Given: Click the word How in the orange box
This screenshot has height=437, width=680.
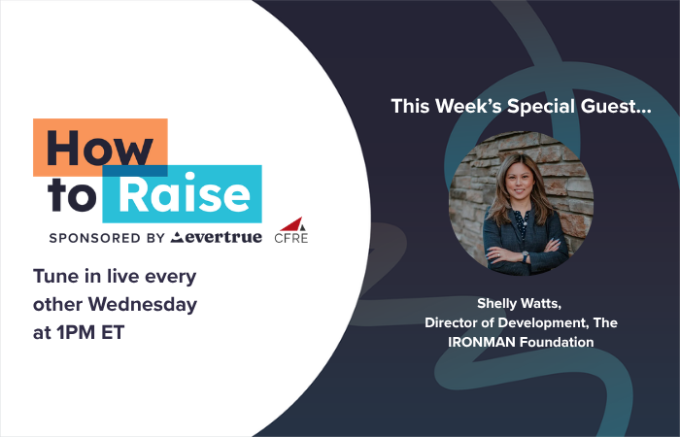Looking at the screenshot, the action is (x=100, y=148).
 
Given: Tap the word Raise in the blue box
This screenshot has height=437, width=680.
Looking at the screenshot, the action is (x=185, y=194).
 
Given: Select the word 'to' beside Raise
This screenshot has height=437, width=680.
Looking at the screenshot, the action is (x=72, y=195).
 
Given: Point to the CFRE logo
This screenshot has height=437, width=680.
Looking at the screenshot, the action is (x=291, y=230).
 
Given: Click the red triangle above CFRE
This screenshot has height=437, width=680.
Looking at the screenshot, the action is (x=291, y=223).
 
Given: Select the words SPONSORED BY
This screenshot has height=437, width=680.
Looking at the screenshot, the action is (x=107, y=238).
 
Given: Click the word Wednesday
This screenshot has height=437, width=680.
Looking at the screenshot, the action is (x=143, y=304).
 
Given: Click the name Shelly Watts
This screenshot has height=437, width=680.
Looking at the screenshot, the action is (x=519, y=303).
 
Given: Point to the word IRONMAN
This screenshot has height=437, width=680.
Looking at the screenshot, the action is (x=482, y=342).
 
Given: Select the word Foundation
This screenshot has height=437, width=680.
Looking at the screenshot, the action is (x=557, y=342).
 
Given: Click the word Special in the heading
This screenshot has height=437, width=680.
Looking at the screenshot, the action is (x=541, y=107).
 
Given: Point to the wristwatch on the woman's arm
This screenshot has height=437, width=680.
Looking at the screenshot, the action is (x=526, y=256).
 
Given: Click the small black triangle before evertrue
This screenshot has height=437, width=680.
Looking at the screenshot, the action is (x=177, y=237).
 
